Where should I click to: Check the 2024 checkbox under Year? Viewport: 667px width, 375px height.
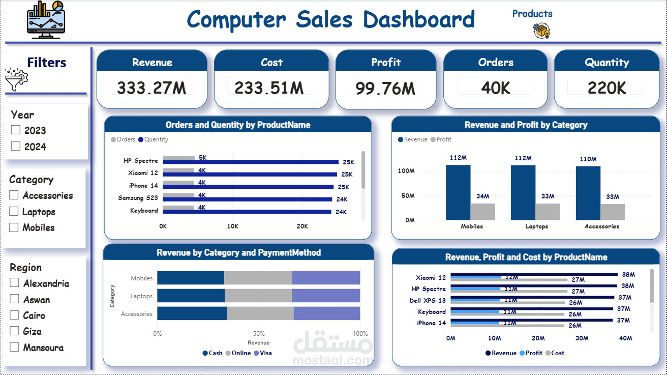(15, 147)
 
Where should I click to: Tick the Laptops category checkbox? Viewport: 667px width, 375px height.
(14, 211)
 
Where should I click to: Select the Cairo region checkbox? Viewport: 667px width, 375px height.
(14, 315)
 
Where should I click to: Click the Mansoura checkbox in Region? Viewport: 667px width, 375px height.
(14, 347)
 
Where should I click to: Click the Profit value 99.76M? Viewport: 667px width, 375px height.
(385, 88)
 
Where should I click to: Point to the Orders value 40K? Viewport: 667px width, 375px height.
(496, 88)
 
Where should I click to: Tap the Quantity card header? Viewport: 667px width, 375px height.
(607, 62)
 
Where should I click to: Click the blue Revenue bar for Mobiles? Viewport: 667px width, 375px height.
(458, 192)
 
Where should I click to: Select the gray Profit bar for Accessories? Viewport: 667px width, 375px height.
(613, 212)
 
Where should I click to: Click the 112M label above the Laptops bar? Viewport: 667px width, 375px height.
(523, 158)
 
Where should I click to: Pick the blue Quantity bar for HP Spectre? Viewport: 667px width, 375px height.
(251, 162)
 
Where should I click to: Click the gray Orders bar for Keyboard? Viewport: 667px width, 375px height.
(178, 208)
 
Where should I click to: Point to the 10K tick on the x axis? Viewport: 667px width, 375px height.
(232, 226)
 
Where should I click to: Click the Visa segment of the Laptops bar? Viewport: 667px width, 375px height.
(326, 296)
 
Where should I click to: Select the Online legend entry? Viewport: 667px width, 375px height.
(238, 353)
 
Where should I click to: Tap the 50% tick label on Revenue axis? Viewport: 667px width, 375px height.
(259, 334)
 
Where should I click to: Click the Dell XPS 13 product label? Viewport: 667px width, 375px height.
(427, 301)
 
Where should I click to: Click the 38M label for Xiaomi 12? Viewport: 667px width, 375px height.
(628, 275)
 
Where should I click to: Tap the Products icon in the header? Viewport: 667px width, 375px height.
(541, 31)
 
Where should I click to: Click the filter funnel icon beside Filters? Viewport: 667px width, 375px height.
(16, 79)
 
